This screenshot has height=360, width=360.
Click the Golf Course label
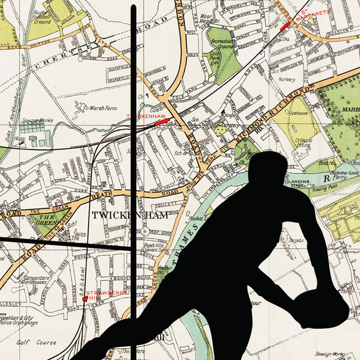(x=31, y=342)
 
